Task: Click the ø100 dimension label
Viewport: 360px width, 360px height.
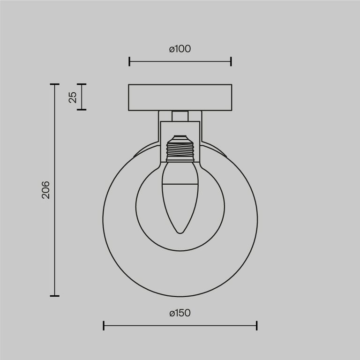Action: click(x=180, y=49)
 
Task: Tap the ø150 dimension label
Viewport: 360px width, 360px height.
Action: click(x=180, y=313)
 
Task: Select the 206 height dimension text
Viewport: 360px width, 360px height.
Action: click(x=45, y=190)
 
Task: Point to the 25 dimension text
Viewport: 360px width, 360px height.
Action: click(x=72, y=97)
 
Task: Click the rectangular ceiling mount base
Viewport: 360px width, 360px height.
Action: click(x=180, y=97)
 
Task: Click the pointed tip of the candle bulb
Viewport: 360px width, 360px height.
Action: click(x=180, y=232)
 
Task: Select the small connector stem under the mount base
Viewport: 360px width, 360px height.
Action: click(x=180, y=116)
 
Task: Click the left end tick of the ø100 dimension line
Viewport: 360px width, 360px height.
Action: click(x=129, y=61)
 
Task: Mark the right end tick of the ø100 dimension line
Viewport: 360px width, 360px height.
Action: click(x=231, y=61)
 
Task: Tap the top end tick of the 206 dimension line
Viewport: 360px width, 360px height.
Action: click(x=55, y=84)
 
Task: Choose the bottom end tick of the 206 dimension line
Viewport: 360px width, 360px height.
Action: click(x=55, y=296)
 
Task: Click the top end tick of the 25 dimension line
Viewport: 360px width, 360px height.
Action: click(x=82, y=84)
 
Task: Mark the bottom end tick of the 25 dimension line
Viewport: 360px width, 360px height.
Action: click(x=82, y=110)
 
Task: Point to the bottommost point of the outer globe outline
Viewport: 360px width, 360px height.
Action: click(x=180, y=296)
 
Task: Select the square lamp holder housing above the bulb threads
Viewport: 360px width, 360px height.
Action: click(x=180, y=129)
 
